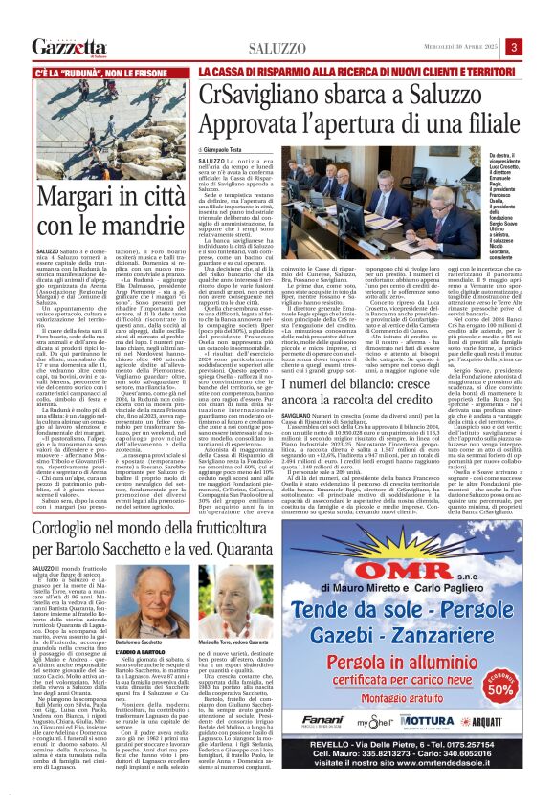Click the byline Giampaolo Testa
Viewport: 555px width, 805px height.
(224, 151)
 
